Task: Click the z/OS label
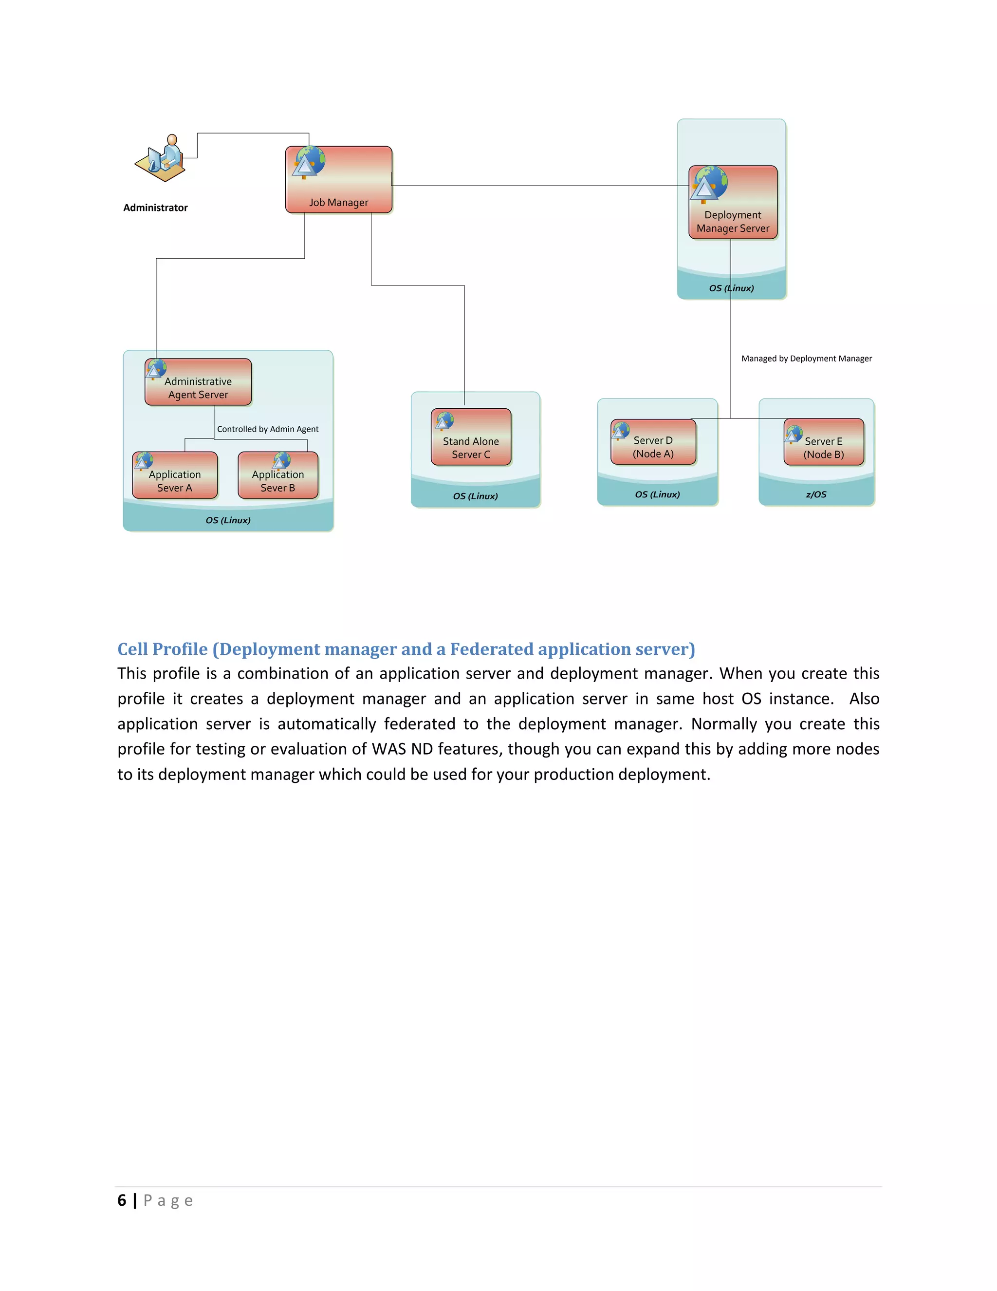816,494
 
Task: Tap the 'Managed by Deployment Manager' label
806,358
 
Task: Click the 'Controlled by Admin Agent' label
268,429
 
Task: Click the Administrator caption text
155,208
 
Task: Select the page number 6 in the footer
122,1200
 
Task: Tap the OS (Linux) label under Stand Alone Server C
476,496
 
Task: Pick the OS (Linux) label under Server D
657,494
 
